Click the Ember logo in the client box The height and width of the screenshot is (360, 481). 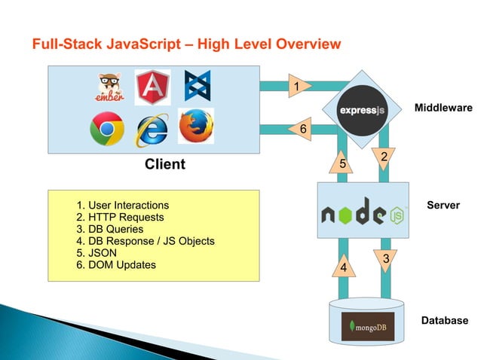point(112,87)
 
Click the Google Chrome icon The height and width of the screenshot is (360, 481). point(106,129)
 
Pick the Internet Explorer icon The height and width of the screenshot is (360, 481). point(152,130)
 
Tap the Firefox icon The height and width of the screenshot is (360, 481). point(195,126)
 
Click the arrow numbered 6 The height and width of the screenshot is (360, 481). point(302,130)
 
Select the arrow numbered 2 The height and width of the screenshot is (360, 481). point(384,157)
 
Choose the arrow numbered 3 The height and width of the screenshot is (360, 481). point(385,260)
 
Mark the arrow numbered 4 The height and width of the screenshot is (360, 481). point(343,267)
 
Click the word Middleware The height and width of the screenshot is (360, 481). point(443,108)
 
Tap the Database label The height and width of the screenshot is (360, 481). point(444,321)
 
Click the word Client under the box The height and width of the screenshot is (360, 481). point(164,164)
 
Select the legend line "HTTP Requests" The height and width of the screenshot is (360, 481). point(121,217)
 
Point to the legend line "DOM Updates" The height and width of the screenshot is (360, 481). point(117,265)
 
